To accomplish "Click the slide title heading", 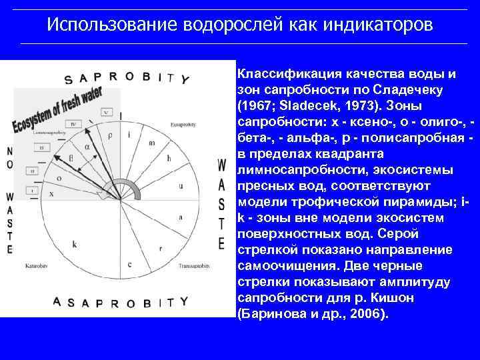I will pyautogui.click(x=240, y=25).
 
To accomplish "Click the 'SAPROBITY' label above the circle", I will pyautogui.click(x=127, y=79).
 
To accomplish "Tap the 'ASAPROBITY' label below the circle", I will pyautogui.click(x=121, y=302).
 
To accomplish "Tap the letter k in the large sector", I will pyautogui.click(x=75, y=244).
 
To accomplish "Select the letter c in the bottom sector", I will pyautogui.click(x=129, y=265).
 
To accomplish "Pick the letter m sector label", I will pyautogui.click(x=152, y=143).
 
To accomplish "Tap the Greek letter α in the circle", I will pyautogui.click(x=87, y=147).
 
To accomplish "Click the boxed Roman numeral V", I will pyautogui.click(x=106, y=112).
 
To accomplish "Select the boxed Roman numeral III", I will pyautogui.click(x=41, y=147).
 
